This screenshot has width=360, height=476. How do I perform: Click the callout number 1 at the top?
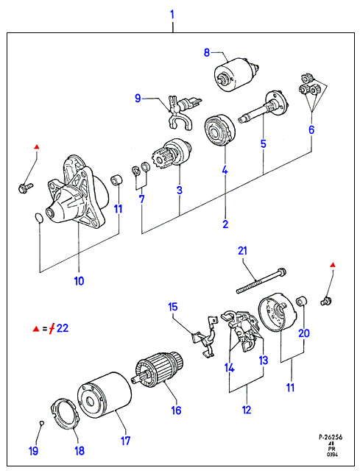coord(172,14)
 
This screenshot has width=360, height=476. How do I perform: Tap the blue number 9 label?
coord(138,99)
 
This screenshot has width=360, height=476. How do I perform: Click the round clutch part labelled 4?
coord(219,131)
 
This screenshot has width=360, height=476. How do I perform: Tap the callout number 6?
coord(311,129)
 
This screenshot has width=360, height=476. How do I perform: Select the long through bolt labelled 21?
coord(261,280)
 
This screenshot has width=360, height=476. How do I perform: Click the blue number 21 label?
coord(242,251)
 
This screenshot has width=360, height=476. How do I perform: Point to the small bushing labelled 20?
coord(301,301)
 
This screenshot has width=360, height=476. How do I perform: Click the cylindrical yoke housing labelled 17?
coord(105,398)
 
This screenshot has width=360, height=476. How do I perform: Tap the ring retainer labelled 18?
coord(65,414)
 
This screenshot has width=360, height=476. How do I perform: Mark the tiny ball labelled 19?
coord(42,423)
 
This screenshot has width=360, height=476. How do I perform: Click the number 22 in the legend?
coord(63,328)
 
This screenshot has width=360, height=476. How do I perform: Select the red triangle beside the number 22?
coord(36,329)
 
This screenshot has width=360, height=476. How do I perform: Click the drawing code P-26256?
coord(331,437)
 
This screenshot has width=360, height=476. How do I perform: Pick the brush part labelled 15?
coord(205,337)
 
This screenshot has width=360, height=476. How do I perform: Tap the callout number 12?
coord(247,410)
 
